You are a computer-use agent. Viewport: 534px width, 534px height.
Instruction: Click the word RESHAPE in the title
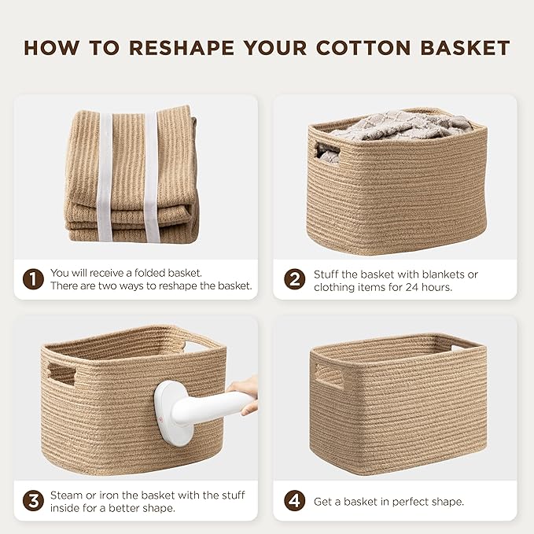coord(182,48)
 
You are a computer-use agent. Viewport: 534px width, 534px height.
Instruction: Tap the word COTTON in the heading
coord(363,48)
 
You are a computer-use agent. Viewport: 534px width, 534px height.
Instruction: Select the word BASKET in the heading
coord(466,48)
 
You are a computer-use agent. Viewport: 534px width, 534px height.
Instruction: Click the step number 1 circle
coord(33,279)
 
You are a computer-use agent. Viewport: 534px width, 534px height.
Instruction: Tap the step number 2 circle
coord(295,279)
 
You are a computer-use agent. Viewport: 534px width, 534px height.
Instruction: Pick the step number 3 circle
coord(33,501)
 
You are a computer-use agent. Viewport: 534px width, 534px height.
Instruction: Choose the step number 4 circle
coord(295,501)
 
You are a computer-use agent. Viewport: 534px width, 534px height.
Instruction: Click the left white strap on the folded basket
coord(105,177)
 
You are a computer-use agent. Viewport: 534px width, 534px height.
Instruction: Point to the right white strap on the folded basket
coord(151,177)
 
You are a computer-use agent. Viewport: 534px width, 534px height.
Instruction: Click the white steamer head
coord(170,413)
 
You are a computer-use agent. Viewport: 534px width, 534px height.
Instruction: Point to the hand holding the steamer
coord(245,393)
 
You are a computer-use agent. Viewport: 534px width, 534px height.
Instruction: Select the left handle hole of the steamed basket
coord(61,374)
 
